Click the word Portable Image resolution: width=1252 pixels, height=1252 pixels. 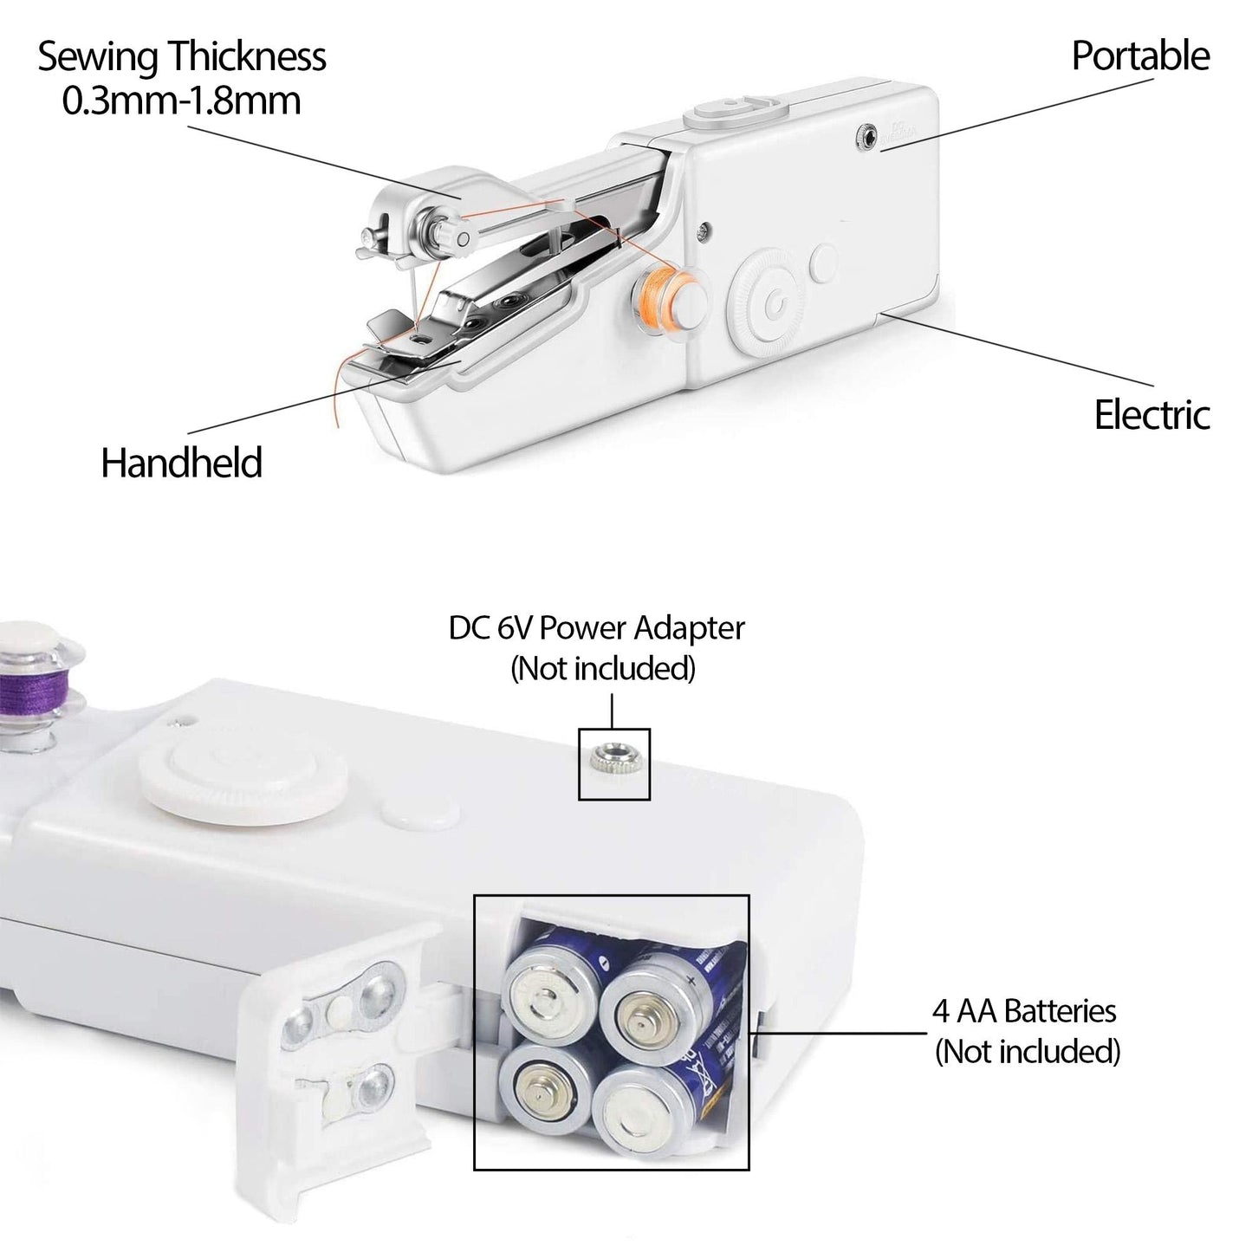[x=1139, y=56]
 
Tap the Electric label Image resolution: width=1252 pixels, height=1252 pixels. [x=1151, y=415]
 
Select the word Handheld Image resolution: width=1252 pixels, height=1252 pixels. [x=181, y=463]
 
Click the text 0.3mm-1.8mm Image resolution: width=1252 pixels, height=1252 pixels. [x=181, y=101]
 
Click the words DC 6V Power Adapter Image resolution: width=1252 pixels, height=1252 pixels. [x=596, y=628]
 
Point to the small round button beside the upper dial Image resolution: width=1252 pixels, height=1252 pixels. [x=825, y=263]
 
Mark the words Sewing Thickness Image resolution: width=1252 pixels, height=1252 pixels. [x=181, y=58]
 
